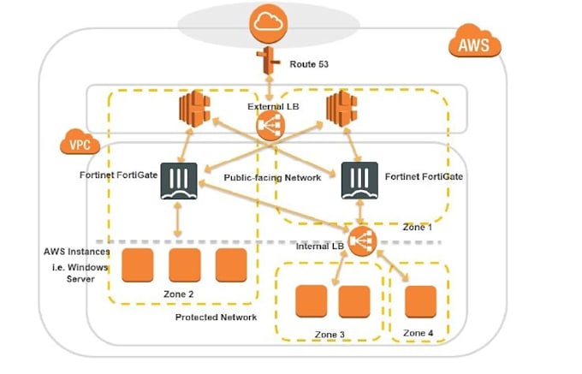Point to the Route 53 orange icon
[x=270, y=62]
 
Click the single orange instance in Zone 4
[x=420, y=300]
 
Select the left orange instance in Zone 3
[x=311, y=300]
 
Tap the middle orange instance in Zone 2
[x=185, y=265]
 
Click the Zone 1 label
[x=418, y=228]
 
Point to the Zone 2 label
[x=180, y=294]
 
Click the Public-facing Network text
[x=272, y=178]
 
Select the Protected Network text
[x=216, y=318]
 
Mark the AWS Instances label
[x=76, y=252]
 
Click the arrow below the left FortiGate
[x=178, y=221]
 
